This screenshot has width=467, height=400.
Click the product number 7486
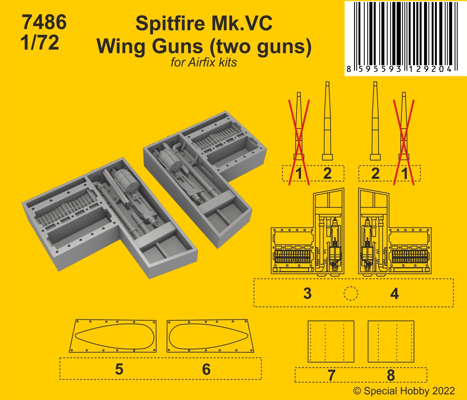tap(44, 22)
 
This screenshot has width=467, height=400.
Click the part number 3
tap(307, 293)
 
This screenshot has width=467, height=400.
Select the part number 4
tap(394, 294)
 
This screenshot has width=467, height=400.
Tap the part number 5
tap(119, 369)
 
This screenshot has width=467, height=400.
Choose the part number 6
tap(206, 369)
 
